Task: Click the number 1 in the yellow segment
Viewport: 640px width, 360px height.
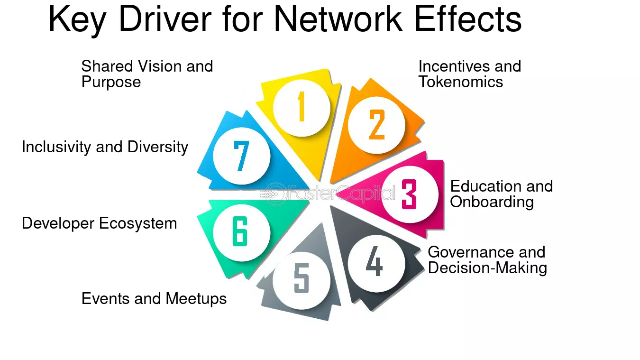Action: [x=301, y=106]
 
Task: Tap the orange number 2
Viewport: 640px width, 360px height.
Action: [x=377, y=124]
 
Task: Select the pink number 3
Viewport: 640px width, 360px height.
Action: [x=409, y=194]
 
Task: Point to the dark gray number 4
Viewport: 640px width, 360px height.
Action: [x=375, y=261]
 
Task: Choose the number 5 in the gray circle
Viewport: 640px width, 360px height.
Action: [x=302, y=278]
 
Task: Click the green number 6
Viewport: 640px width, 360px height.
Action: [x=240, y=231]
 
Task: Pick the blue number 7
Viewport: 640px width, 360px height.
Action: [x=241, y=156]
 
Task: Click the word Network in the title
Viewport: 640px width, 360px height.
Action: [x=338, y=18]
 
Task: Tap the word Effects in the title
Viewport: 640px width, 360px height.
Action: [x=468, y=18]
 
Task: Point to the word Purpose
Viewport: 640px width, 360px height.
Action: [x=111, y=83]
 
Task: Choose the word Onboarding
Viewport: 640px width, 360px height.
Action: [x=492, y=202]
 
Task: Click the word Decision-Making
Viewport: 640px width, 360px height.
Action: [x=487, y=268]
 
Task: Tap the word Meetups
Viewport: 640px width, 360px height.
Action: [x=196, y=299]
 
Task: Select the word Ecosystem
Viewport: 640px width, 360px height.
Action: [x=138, y=223]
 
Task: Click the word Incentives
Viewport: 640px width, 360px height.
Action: [x=454, y=66]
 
